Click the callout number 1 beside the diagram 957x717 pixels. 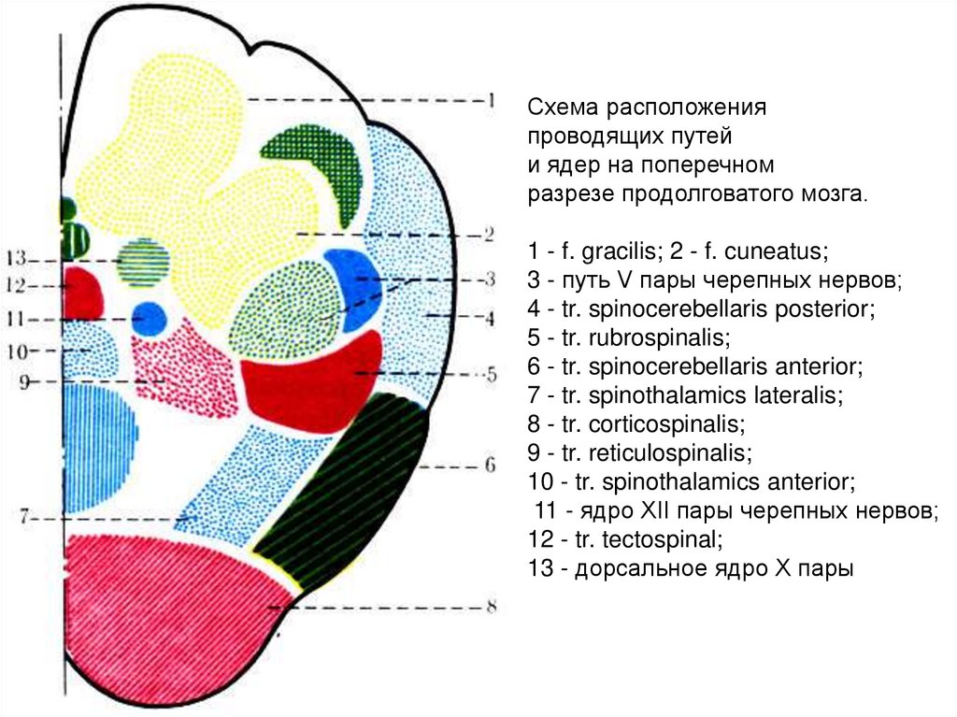tap(488, 100)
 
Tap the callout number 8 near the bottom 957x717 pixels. tap(488, 607)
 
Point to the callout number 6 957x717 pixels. tap(488, 465)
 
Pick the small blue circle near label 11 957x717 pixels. tap(149, 318)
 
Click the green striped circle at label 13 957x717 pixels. tap(144, 259)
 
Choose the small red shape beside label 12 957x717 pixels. tap(83, 294)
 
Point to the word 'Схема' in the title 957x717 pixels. tap(558, 107)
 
